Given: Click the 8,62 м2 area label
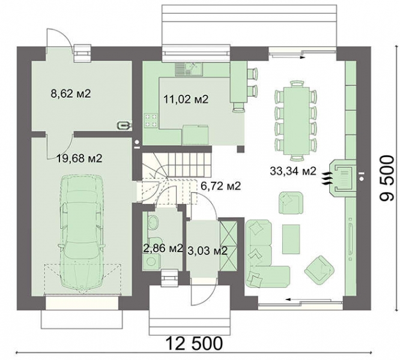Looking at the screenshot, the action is click(71, 94).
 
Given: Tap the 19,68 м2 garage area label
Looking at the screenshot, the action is click(79, 158).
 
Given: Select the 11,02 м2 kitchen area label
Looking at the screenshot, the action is click(186, 99).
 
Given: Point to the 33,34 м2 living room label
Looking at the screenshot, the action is click(293, 171).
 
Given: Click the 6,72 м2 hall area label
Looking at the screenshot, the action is click(220, 186).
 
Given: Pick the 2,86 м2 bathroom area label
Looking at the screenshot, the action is click(163, 248).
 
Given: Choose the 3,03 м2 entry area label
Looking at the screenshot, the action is click(207, 251).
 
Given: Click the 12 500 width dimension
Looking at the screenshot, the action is click(195, 343).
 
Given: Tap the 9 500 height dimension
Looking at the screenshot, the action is click(387, 178).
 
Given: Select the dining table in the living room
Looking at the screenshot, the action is click(296, 121).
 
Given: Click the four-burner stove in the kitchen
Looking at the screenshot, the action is click(150, 121).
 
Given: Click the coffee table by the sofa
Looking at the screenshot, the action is click(291, 239).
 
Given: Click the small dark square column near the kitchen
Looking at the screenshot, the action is click(240, 149).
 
